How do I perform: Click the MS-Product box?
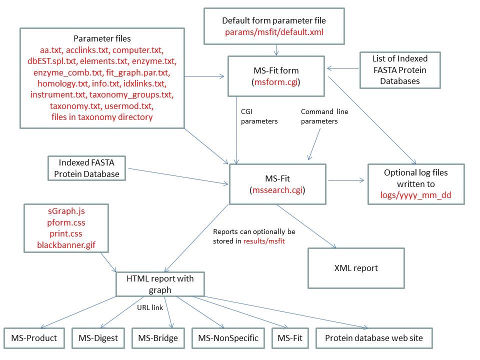34,338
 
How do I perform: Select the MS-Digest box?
98,338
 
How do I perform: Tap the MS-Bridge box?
158,338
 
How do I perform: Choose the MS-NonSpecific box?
228,338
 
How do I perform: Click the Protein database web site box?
374,338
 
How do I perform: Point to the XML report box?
356,268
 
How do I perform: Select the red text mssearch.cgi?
277,190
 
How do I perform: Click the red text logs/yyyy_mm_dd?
416,195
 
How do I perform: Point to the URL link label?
150,307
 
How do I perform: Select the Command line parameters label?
324,116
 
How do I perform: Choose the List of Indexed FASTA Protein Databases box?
400,70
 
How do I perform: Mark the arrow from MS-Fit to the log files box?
347,178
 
